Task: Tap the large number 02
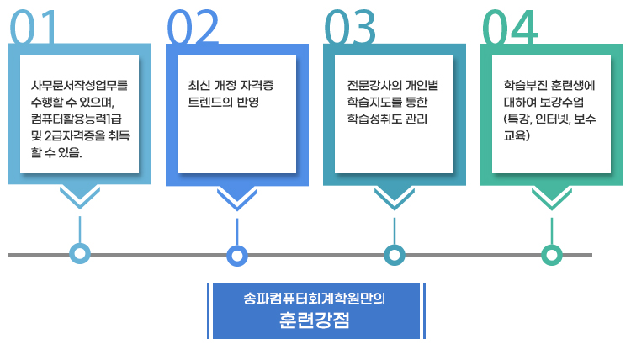tap(194, 29)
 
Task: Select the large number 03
tap(351, 29)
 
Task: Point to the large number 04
tap(510, 29)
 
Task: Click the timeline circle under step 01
tap(80, 254)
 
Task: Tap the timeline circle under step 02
tap(237, 254)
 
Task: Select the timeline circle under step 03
tap(394, 254)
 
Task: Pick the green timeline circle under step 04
tap(551, 254)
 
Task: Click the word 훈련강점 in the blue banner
tap(314, 321)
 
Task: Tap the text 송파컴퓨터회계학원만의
tap(314, 299)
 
